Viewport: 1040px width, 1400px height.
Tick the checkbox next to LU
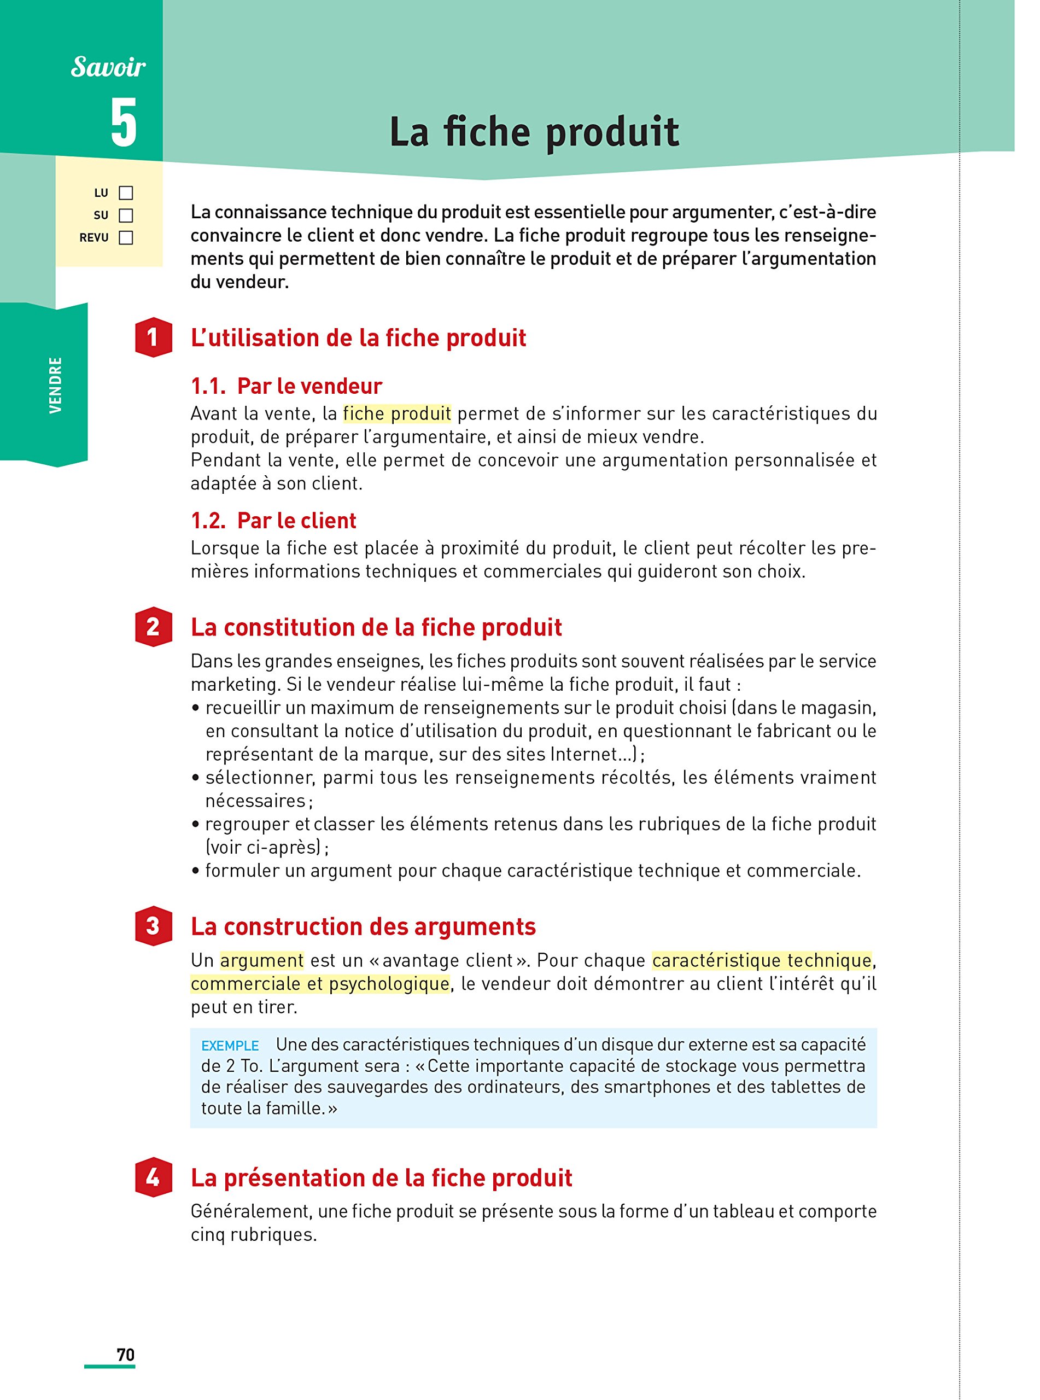click(x=126, y=192)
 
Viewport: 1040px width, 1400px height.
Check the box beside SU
click(x=126, y=215)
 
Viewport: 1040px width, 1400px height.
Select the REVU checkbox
click(x=126, y=238)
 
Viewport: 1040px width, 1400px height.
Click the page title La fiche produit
click(x=534, y=132)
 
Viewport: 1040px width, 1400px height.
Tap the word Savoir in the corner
click(x=108, y=67)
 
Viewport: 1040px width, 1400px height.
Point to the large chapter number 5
click(x=124, y=124)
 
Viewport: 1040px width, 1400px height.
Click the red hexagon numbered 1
click(x=153, y=337)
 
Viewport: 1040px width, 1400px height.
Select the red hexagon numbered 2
click(x=153, y=626)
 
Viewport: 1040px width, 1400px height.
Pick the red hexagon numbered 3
click(x=153, y=926)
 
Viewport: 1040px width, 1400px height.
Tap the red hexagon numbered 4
click(x=153, y=1177)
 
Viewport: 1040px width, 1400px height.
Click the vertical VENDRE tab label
click(x=55, y=385)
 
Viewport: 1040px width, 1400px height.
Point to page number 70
click(x=126, y=1355)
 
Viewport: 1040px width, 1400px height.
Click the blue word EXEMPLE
click(x=230, y=1046)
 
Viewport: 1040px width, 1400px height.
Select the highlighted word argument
click(x=262, y=961)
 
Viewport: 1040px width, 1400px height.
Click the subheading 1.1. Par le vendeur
click(x=287, y=386)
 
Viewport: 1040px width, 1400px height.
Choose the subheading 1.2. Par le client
click(x=273, y=521)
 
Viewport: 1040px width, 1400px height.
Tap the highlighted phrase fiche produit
click(x=397, y=413)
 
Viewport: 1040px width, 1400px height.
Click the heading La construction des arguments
click(x=363, y=926)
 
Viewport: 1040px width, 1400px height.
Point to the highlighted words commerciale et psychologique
click(x=320, y=984)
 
